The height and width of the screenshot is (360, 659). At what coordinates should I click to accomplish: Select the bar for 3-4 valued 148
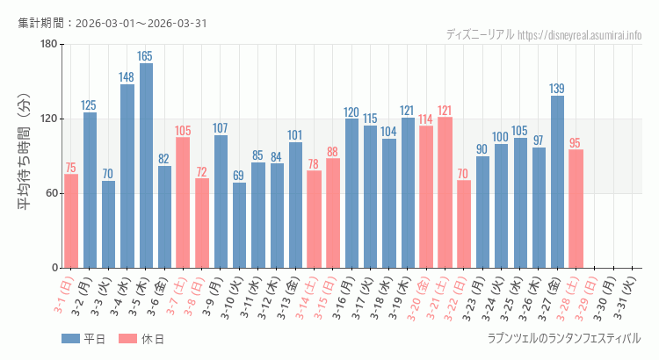point(127,176)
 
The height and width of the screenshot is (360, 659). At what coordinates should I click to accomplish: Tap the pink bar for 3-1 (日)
point(71,220)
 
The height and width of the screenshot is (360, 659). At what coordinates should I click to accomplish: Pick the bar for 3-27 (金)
point(557,182)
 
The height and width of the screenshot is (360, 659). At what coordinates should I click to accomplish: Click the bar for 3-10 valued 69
point(239,225)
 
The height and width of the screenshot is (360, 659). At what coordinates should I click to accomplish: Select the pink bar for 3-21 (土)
point(445,192)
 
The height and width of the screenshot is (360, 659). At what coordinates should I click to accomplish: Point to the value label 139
point(557,89)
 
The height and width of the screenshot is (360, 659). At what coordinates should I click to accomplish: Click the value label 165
point(146,56)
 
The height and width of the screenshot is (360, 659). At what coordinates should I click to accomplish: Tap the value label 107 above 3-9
point(221,128)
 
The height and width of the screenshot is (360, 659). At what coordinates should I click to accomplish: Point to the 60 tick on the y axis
point(51,193)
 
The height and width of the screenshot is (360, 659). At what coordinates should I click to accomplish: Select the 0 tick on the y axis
point(54,268)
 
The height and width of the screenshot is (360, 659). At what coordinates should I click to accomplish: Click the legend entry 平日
point(83,339)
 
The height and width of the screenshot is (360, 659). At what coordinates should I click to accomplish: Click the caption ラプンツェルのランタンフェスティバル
point(563,338)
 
